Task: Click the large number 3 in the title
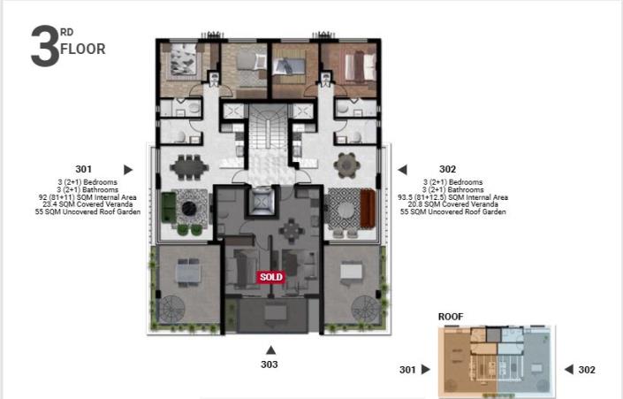coord(45,47)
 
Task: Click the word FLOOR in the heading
coord(82,50)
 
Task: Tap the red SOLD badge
coord(271,277)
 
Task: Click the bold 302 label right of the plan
coord(448,169)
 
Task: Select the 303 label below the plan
coord(270,364)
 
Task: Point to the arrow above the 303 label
coord(270,349)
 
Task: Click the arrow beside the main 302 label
coord(401,169)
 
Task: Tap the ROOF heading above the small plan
coord(451,316)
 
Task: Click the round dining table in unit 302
coord(346,165)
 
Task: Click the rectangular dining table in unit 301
coord(188,165)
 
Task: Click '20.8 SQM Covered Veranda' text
coord(453,204)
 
